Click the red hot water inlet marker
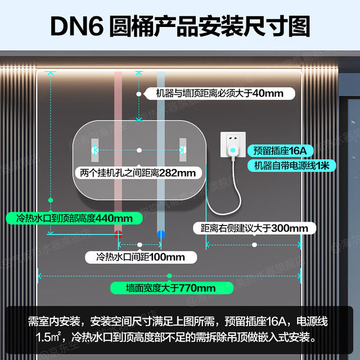(118, 234)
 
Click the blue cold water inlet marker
(161, 234)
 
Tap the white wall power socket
(233, 145)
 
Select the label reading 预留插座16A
(280, 151)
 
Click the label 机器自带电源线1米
(292, 165)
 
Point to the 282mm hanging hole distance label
(138, 173)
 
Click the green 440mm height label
(74, 218)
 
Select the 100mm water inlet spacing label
(141, 257)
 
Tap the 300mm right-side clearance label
(254, 228)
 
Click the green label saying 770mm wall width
(172, 288)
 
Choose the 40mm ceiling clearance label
(220, 93)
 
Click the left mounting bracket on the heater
(95, 150)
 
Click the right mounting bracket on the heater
(183, 150)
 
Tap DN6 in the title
(77, 26)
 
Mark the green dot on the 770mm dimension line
(169, 276)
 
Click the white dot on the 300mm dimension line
(254, 245)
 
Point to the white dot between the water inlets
(139, 245)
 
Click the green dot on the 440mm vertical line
(51, 200)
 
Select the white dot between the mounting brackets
(139, 150)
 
